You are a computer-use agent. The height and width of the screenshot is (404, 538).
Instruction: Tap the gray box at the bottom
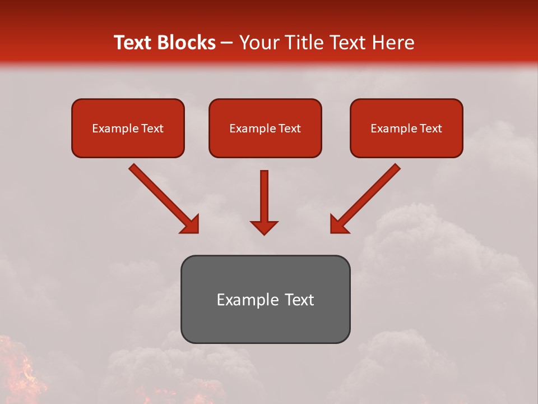[x=265, y=323]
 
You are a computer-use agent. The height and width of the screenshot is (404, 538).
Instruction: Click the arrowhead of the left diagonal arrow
[x=191, y=225]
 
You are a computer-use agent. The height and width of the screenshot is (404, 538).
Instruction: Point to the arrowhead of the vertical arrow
[x=264, y=227]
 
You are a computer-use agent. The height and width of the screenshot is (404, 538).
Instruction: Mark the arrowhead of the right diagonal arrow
[x=338, y=225]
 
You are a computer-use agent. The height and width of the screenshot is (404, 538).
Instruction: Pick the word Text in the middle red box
[x=290, y=128]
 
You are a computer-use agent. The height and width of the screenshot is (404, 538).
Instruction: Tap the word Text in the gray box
[x=300, y=300]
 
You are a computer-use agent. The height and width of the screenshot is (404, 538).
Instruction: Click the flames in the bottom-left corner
[x=17, y=373]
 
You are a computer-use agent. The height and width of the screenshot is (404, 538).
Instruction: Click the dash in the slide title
[x=227, y=43]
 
